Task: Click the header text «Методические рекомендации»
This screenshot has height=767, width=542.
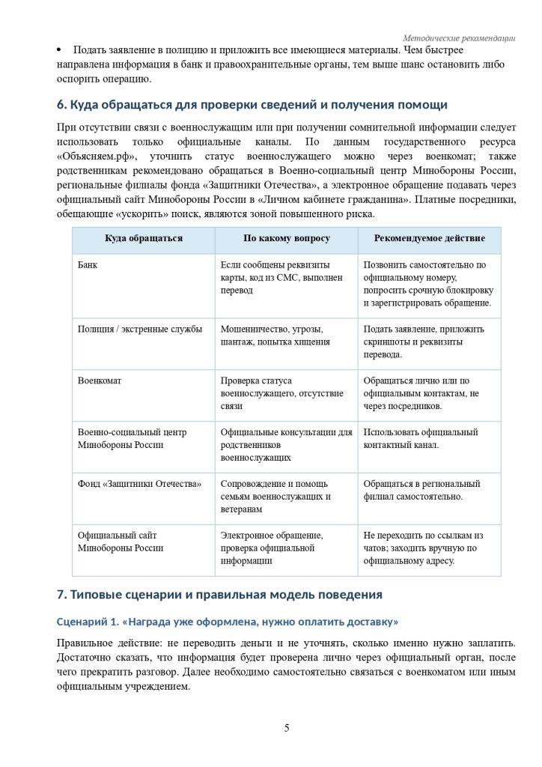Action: (x=459, y=38)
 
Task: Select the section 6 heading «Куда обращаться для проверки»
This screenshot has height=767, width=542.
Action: (x=252, y=104)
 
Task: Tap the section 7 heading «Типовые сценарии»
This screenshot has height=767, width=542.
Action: (x=219, y=595)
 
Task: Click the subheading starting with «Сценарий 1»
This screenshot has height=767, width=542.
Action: (x=228, y=622)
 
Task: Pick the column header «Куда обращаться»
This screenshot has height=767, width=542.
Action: (x=144, y=238)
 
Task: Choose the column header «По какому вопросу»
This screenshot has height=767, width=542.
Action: (x=287, y=238)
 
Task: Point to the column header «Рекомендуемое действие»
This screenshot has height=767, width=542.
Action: (x=429, y=238)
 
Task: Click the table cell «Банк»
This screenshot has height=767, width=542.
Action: (x=88, y=265)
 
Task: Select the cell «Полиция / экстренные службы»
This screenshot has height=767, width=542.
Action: (x=140, y=329)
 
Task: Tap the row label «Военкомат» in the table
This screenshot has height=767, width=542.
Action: (x=100, y=381)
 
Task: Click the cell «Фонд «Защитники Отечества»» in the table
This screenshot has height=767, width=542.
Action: (x=140, y=484)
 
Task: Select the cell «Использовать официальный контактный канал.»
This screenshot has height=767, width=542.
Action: (x=420, y=438)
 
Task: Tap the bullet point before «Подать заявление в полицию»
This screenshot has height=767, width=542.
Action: (x=59, y=50)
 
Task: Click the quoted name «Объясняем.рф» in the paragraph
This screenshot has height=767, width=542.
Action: (x=97, y=157)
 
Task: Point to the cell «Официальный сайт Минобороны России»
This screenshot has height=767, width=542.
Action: (x=121, y=542)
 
